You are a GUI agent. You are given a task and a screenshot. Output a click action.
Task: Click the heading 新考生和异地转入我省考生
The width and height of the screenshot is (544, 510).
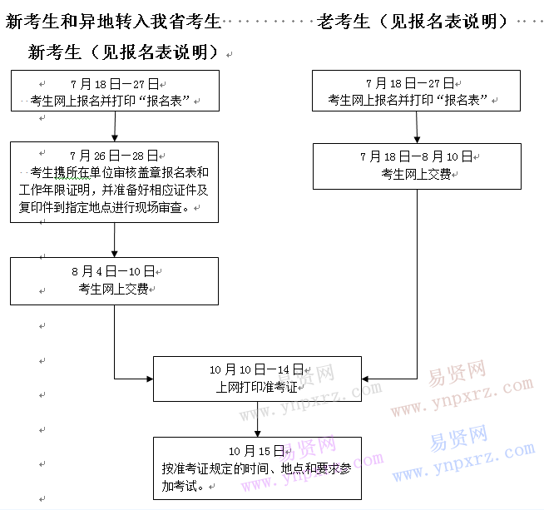(113, 22)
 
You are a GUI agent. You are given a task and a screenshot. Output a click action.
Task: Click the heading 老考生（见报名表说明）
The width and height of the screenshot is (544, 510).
(413, 22)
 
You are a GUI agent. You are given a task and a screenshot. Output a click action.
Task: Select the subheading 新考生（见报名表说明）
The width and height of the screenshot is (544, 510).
(123, 52)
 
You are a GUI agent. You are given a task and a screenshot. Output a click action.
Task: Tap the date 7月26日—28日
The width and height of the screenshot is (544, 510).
(114, 156)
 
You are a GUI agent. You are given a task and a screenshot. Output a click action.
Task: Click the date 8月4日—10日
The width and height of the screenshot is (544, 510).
(113, 271)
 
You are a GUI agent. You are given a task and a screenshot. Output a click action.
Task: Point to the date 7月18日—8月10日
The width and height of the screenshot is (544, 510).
(417, 156)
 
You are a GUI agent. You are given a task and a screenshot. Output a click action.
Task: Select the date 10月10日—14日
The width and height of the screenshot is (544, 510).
(257, 369)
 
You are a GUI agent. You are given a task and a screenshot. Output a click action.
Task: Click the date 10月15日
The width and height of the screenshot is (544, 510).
(257, 451)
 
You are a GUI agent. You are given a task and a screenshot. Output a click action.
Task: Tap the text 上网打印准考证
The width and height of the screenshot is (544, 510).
(257, 387)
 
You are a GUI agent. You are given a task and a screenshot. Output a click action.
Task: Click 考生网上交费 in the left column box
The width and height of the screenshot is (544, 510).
(113, 289)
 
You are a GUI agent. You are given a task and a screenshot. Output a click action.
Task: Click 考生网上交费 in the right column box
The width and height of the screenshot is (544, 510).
(417, 174)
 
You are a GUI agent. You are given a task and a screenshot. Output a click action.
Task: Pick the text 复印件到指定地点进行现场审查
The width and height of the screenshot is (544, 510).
(101, 207)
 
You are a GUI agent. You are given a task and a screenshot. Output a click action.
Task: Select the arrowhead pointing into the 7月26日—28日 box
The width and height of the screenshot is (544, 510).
(115, 138)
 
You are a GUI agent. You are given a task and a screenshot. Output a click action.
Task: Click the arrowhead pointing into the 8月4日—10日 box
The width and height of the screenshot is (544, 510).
(115, 254)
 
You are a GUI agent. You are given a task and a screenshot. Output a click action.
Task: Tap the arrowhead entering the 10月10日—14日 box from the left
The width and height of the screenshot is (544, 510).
(150, 379)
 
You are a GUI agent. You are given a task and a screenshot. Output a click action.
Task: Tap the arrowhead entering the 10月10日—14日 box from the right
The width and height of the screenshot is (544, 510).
(365, 379)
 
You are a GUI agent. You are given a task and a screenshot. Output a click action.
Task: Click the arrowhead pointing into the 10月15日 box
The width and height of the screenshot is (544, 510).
(257, 433)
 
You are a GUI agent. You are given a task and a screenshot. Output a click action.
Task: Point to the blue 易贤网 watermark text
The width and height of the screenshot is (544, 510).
(458, 438)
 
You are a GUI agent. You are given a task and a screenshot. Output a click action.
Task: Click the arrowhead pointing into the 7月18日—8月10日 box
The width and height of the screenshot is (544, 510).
(417, 140)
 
